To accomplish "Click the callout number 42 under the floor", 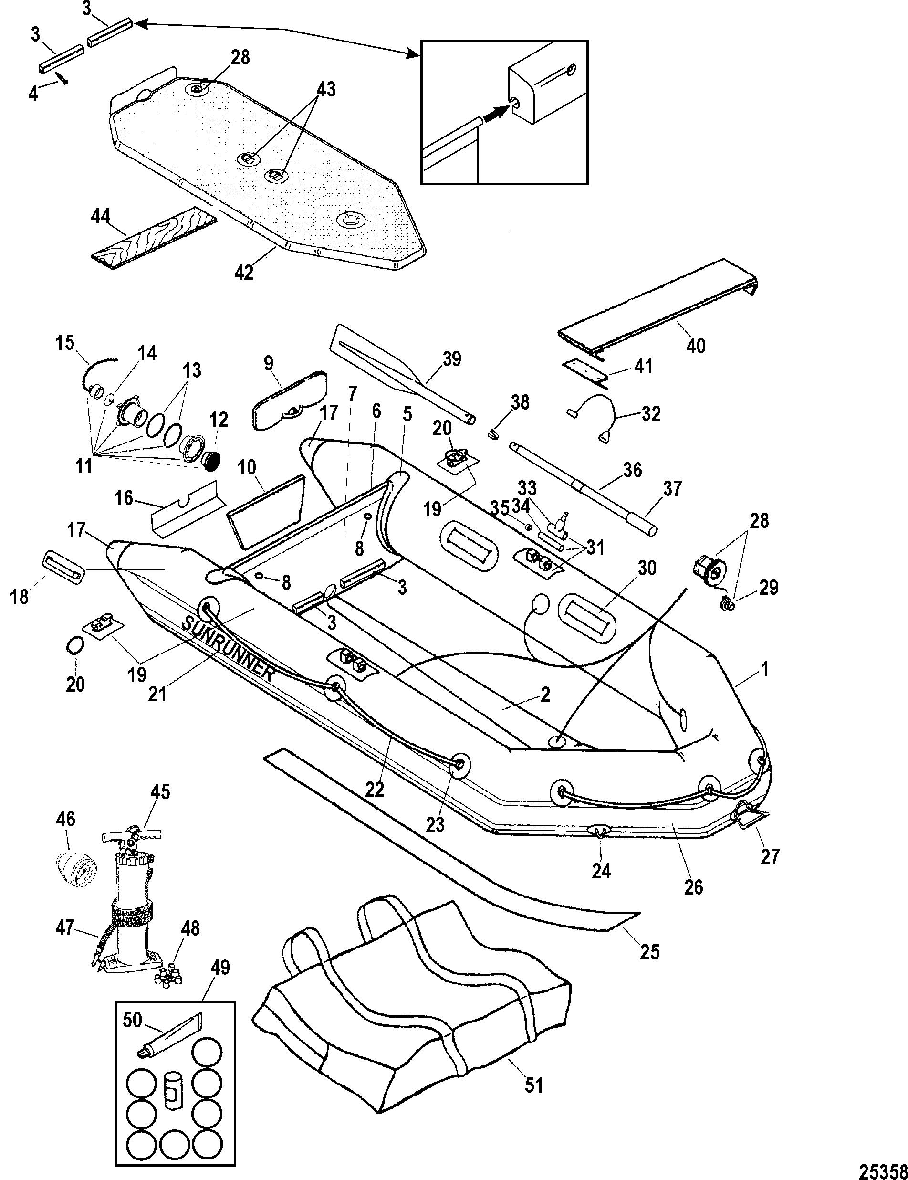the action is point(244,272).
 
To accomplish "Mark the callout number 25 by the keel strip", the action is point(650,951).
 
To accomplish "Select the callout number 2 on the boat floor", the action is point(545,694).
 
